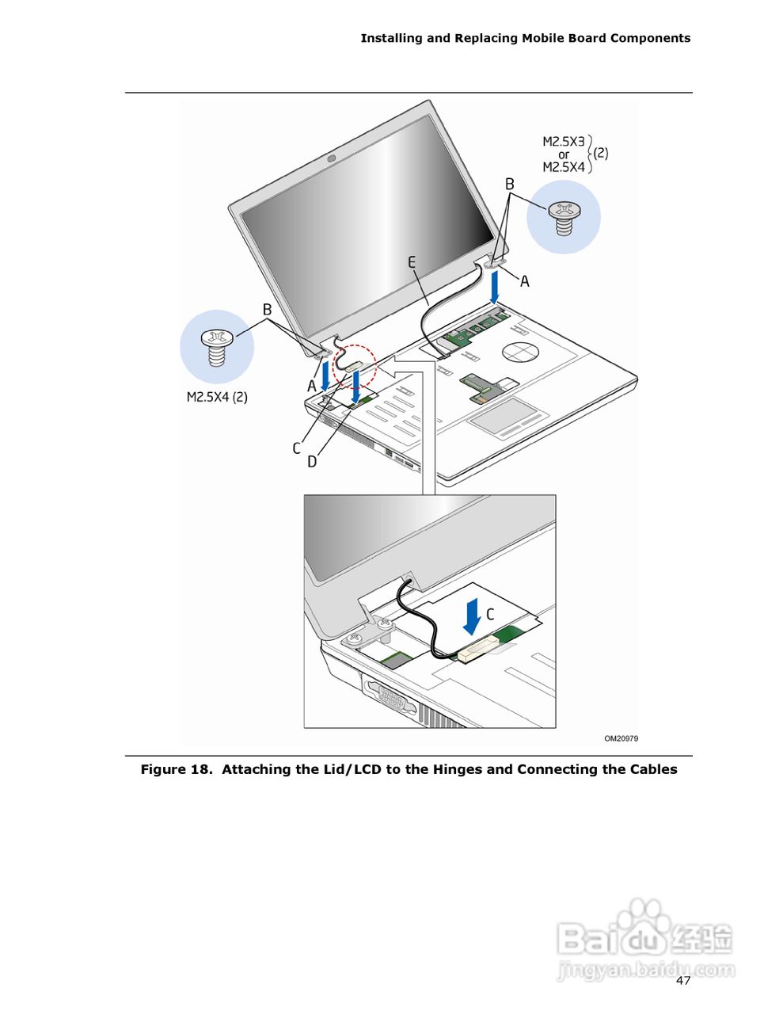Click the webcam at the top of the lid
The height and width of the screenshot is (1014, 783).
331,158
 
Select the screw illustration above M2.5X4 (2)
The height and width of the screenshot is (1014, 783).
216,347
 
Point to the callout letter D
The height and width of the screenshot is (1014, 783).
312,461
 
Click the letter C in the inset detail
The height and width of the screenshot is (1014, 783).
490,614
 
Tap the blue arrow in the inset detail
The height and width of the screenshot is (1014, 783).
472,616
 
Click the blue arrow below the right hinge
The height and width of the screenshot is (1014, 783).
495,288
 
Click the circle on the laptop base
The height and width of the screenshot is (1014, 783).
519,351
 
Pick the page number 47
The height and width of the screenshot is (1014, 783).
683,981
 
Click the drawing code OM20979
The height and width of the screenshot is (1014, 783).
621,738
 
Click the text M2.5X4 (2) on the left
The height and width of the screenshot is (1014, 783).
217,397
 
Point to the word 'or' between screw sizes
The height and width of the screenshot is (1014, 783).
564,154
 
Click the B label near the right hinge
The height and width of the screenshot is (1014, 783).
510,184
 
